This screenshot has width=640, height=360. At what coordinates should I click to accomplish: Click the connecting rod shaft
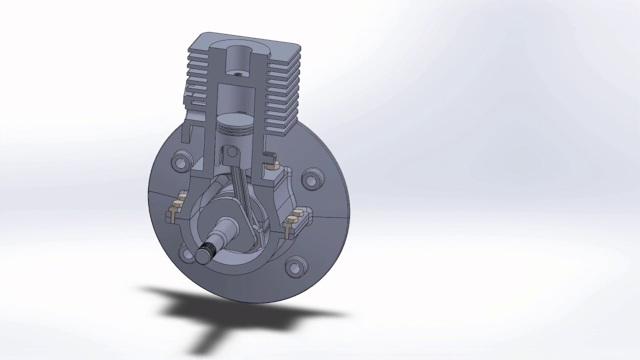coord(242,192)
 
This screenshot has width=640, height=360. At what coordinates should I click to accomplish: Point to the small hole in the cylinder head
coord(237,73)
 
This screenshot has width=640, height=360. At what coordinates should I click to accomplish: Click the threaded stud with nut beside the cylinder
coord(271,161)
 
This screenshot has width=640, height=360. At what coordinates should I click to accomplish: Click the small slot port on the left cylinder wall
coord(198,103)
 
